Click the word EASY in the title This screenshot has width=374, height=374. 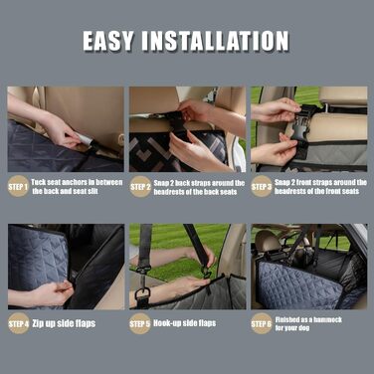pos(108,41)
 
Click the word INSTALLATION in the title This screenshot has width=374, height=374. pos(216,41)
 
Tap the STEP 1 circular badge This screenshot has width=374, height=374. pos(18,186)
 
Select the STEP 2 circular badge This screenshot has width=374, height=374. pos(140,187)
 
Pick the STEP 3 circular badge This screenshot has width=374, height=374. pos(262,186)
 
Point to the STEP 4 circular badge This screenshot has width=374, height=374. pos(19,323)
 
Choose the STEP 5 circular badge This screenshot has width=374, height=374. pos(140,323)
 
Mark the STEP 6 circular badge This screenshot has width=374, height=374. pos(262,323)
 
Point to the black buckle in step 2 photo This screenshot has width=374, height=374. pos(176,124)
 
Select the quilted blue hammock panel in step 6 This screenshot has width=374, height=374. pos(298,285)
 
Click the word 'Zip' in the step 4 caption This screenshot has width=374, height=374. pos(38,323)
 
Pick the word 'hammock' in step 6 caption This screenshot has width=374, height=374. pos(327,319)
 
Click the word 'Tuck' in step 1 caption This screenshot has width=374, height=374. pos(38,182)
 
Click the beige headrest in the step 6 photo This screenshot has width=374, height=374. pos(268,242)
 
